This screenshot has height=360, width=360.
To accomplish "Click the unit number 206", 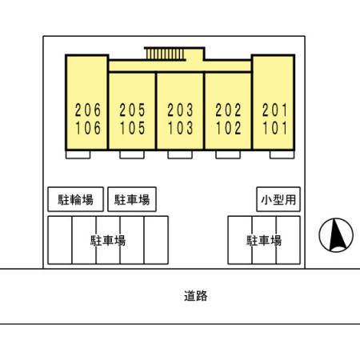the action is click(x=88, y=110).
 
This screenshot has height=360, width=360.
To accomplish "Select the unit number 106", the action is click(x=88, y=128).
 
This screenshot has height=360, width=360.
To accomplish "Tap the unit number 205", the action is click(x=132, y=110).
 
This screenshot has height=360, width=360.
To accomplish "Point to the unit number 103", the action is click(x=181, y=128).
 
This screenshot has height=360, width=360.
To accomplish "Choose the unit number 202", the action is click(x=228, y=110).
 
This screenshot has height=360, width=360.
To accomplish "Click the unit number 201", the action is click(x=274, y=110).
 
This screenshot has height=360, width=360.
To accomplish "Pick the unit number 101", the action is click(x=275, y=128).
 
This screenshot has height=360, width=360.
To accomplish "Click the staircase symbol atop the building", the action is click(x=165, y=54).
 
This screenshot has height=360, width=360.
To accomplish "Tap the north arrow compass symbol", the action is click(x=336, y=235).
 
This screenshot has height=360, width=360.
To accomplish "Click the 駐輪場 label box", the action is click(x=76, y=199).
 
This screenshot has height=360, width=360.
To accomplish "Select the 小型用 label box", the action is click(x=278, y=199).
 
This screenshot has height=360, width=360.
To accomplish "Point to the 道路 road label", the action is click(x=196, y=296).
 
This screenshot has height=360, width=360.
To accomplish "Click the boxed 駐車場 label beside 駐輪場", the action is click(x=132, y=199).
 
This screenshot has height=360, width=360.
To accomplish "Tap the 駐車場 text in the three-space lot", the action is click(x=264, y=240).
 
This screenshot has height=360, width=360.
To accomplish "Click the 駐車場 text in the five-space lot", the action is click(x=108, y=240).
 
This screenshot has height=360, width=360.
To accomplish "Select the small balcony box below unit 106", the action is click(x=78, y=154).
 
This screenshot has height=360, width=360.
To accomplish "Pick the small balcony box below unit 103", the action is click(x=180, y=154).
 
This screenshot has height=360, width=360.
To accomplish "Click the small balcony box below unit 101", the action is click(x=282, y=154).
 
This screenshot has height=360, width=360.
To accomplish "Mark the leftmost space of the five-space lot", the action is click(x=60, y=240).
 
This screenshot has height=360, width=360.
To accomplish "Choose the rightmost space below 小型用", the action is click(x=288, y=240).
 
